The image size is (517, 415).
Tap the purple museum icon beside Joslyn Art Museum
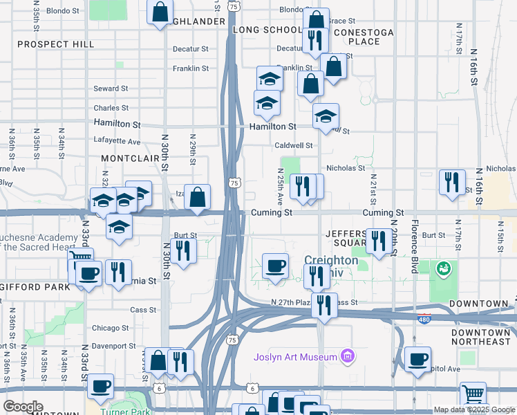point(348,357)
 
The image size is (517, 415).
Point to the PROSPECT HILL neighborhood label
point(55,44)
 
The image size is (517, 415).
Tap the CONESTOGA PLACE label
point(363,37)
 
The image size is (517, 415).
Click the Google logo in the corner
point(23,407)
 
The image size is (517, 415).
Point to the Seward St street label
point(111,89)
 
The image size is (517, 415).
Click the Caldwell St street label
point(294,146)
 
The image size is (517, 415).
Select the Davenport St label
point(113,346)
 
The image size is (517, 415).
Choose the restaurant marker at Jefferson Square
point(377,241)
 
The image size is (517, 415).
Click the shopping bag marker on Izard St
point(198,196)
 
